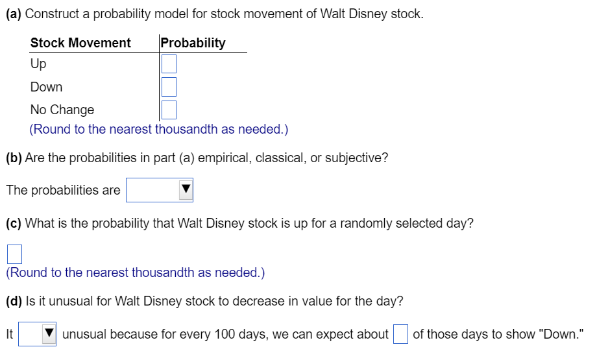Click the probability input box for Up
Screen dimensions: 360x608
click(169, 64)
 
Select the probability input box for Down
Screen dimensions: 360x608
click(169, 87)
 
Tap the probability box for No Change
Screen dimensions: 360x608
click(169, 110)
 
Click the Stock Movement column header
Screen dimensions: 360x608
click(80, 43)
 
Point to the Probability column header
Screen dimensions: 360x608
click(193, 43)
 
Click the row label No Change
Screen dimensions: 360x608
click(62, 110)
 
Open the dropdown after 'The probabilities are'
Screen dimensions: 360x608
click(160, 190)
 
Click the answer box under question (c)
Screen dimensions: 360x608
click(14, 254)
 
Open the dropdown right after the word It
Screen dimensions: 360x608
click(37, 334)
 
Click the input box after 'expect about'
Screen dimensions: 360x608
click(400, 334)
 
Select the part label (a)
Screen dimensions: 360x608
click(14, 14)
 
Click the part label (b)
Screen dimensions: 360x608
click(14, 158)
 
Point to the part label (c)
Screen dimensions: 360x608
click(14, 224)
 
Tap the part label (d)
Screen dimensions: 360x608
click(14, 301)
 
